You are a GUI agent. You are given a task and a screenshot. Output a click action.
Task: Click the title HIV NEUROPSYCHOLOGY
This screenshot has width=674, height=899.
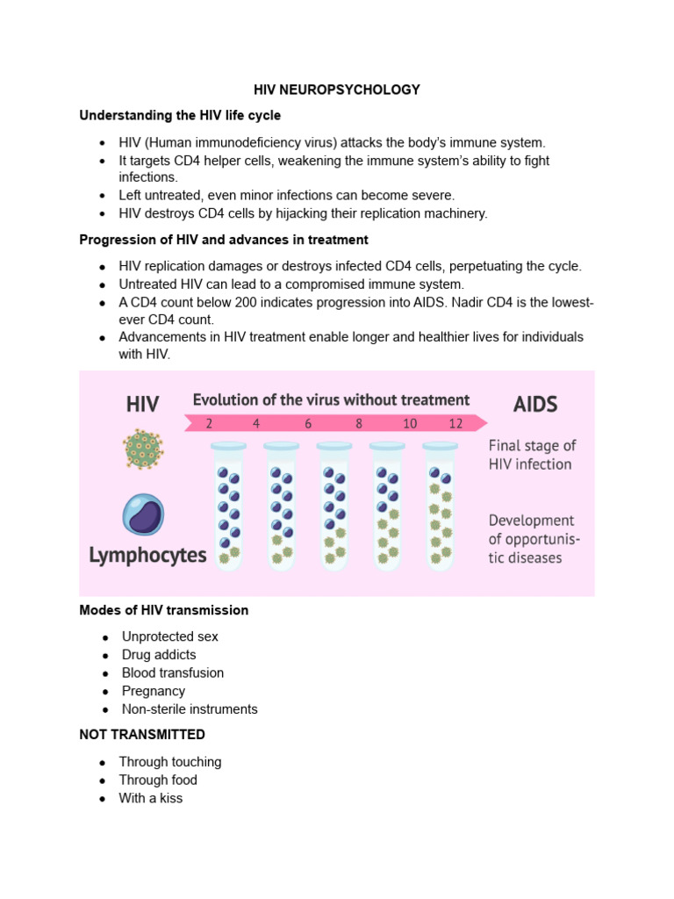337,90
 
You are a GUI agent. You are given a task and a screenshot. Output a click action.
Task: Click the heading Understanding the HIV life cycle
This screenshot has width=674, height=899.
180,116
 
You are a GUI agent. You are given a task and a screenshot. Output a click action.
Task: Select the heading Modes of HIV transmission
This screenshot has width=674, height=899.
164,610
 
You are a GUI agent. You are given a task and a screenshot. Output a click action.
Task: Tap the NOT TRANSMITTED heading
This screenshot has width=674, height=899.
142,734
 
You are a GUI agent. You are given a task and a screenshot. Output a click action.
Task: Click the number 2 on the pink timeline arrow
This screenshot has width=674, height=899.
209,423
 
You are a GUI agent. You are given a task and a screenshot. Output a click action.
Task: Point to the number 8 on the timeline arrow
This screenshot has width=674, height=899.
359,423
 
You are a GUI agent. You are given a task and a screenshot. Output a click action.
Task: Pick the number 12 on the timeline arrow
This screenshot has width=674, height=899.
455,423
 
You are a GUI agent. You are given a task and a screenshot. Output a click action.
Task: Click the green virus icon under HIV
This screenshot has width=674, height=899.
142,450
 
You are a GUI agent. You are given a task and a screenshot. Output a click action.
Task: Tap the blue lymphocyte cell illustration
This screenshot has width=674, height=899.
142,515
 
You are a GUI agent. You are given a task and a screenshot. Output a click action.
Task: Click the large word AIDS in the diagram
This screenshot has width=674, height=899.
535,405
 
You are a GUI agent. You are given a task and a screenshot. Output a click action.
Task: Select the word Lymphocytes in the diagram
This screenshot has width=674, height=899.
147,555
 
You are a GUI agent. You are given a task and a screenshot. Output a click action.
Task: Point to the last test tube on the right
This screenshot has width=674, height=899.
440,507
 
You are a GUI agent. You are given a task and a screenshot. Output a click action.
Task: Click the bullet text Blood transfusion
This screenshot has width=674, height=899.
173,673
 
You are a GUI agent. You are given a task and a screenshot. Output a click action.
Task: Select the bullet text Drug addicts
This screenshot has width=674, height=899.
159,655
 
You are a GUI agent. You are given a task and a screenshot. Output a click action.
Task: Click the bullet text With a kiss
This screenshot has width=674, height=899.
151,799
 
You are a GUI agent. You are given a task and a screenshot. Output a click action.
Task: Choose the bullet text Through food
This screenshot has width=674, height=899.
158,780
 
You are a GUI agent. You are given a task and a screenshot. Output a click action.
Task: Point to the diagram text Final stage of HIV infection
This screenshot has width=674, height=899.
532,455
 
